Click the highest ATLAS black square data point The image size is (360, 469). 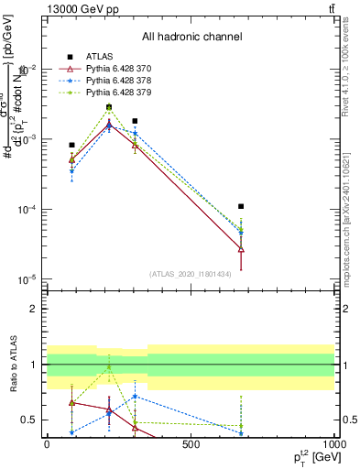pyautogui.click(x=109, y=107)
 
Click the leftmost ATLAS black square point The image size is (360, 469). pyautogui.click(x=71, y=145)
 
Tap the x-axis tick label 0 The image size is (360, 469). pyautogui.click(x=47, y=443)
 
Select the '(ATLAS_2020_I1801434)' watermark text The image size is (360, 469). pyautogui.click(x=190, y=274)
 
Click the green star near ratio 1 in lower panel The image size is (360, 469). pyautogui.click(x=109, y=367)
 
